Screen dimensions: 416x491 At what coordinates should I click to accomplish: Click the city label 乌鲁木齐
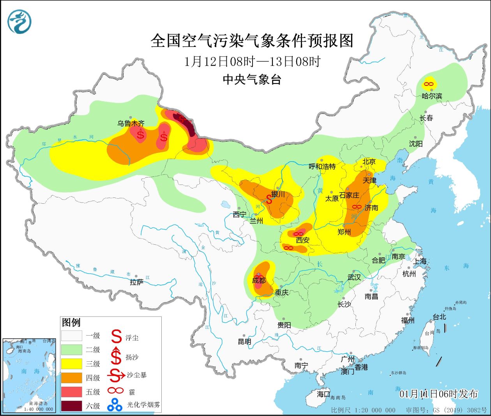pyautogui.click(x=131, y=123)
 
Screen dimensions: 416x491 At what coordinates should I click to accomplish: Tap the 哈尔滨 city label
pyautogui.click(x=432, y=96)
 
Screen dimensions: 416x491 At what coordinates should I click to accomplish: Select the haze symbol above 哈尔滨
pyautogui.click(x=429, y=84)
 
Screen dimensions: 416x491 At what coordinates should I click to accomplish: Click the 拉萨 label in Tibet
pyautogui.click(x=136, y=282)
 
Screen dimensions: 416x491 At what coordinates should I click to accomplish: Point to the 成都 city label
pyautogui.click(x=259, y=281)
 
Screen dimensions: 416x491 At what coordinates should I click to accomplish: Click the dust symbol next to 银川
pyautogui.click(x=269, y=199)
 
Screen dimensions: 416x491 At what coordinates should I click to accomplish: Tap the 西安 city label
pyautogui.click(x=302, y=240)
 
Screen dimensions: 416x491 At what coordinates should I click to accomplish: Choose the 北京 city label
pyautogui.click(x=369, y=162)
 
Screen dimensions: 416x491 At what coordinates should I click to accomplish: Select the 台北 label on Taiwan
pyautogui.click(x=439, y=317)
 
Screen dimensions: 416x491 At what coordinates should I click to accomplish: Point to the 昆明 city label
pyautogui.click(x=244, y=342)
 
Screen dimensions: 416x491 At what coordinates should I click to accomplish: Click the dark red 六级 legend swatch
pyautogui.click(x=71, y=406)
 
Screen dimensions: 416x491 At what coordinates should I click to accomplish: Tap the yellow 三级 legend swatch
pyautogui.click(x=71, y=364)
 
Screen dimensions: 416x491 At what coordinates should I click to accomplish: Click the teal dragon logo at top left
pyautogui.click(x=19, y=21)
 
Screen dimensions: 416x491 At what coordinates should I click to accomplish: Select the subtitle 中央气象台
pyautogui.click(x=252, y=80)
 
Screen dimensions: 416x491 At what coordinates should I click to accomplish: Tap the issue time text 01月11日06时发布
pyautogui.click(x=438, y=394)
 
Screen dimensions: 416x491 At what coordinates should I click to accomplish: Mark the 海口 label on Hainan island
pyautogui.click(x=323, y=394)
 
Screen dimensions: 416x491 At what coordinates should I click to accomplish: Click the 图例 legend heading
pyautogui.click(x=71, y=323)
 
